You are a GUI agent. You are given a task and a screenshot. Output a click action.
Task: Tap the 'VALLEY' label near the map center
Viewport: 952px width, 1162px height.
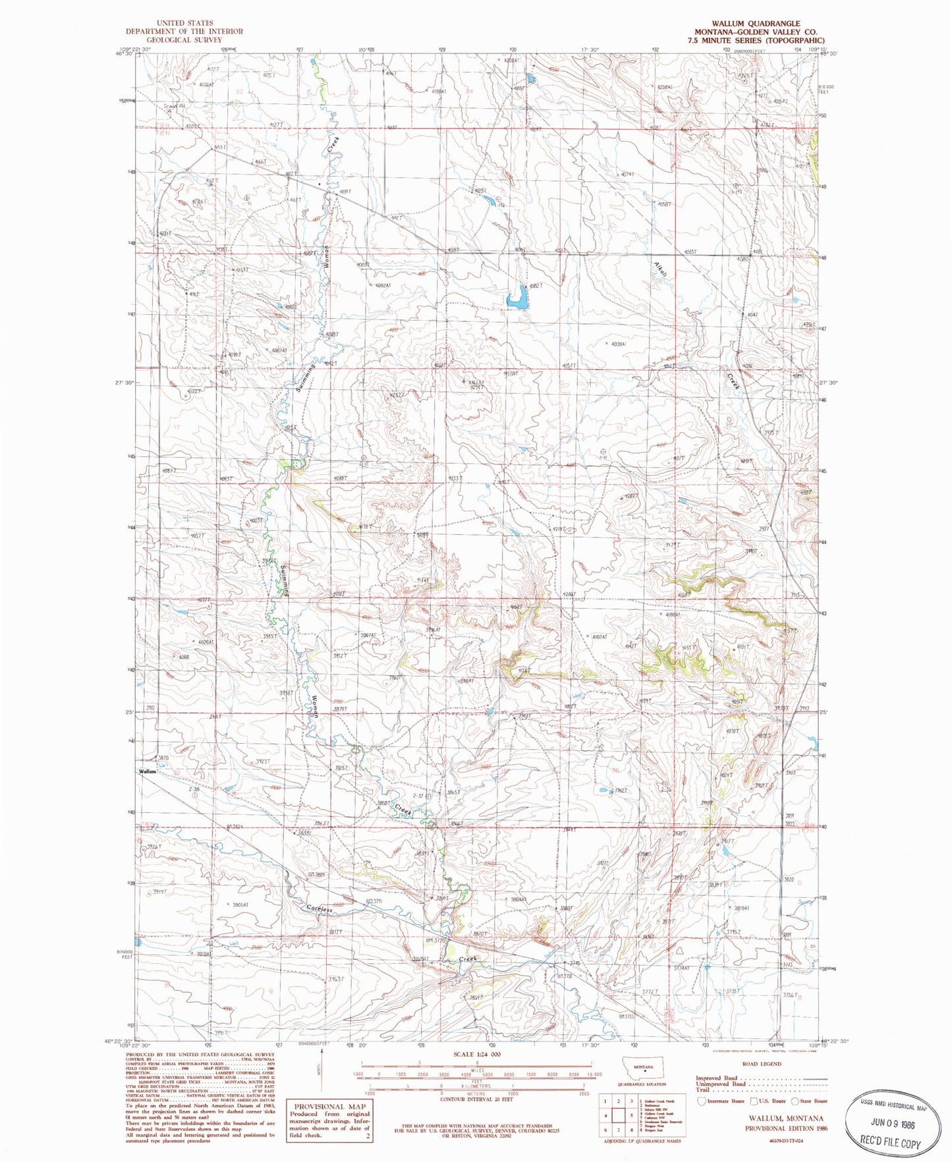pyautogui.click(x=476, y=382)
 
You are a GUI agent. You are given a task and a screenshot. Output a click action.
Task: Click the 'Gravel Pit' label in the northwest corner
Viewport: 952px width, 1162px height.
pyautogui.click(x=175, y=105)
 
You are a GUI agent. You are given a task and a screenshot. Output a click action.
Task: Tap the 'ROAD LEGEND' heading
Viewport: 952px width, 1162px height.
pyautogui.click(x=762, y=1063)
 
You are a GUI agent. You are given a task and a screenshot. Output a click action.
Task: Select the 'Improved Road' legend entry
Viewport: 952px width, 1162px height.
pyautogui.click(x=717, y=1078)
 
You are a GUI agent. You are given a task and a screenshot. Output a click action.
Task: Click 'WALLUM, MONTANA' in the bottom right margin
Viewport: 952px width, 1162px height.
pyautogui.click(x=785, y=1119)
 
